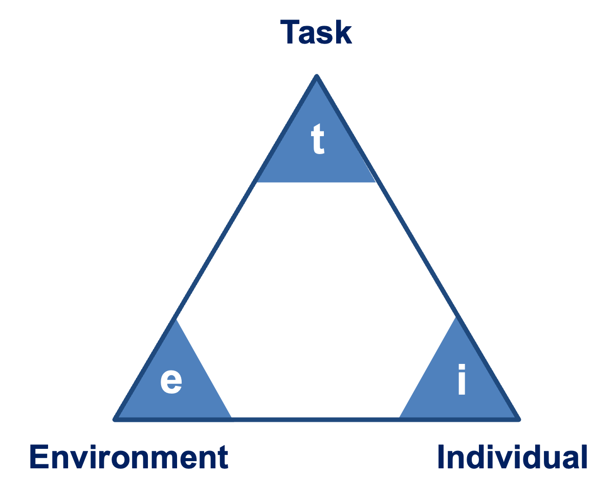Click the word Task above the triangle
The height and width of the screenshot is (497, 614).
click(x=316, y=32)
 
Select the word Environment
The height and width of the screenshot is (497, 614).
click(x=128, y=457)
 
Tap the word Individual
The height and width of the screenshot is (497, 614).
click(x=512, y=457)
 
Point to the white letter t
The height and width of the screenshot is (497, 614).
click(x=318, y=141)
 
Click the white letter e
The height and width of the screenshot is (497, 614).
click(x=171, y=381)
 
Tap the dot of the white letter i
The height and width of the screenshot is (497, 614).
click(x=462, y=368)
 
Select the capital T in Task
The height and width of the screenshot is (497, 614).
click(x=290, y=32)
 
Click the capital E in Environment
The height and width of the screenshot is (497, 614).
click(x=39, y=457)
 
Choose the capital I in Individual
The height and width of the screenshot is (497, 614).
click(x=441, y=457)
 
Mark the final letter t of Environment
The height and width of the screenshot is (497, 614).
click(x=223, y=457)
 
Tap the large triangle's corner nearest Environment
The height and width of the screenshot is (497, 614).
click(x=116, y=419)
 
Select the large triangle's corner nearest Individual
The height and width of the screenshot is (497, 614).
click(x=518, y=419)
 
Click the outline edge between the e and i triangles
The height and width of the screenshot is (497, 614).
click(x=315, y=419)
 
